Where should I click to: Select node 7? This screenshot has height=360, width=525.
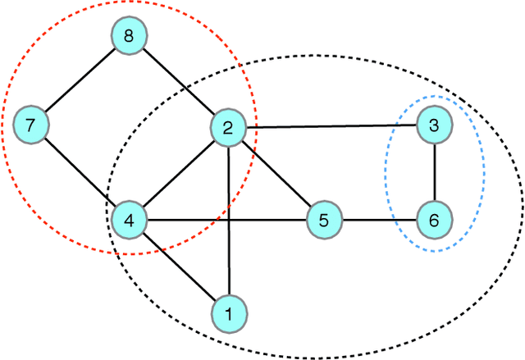click(x=30, y=126)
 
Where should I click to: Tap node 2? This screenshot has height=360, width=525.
click(x=227, y=127)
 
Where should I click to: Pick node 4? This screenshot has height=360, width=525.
click(x=129, y=219)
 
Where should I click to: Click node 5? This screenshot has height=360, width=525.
click(x=323, y=220)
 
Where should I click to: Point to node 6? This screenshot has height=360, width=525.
click(x=433, y=220)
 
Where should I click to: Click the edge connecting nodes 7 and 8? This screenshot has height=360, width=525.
click(x=80, y=83)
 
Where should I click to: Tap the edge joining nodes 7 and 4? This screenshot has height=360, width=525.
click(x=80, y=173)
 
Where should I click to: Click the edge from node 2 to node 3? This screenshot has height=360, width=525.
click(x=330, y=126)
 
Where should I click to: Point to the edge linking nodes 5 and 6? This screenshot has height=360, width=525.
click(x=378, y=220)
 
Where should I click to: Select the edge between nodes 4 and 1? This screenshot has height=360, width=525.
click(x=178, y=266)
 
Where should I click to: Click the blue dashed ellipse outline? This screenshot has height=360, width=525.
click(x=386, y=172)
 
